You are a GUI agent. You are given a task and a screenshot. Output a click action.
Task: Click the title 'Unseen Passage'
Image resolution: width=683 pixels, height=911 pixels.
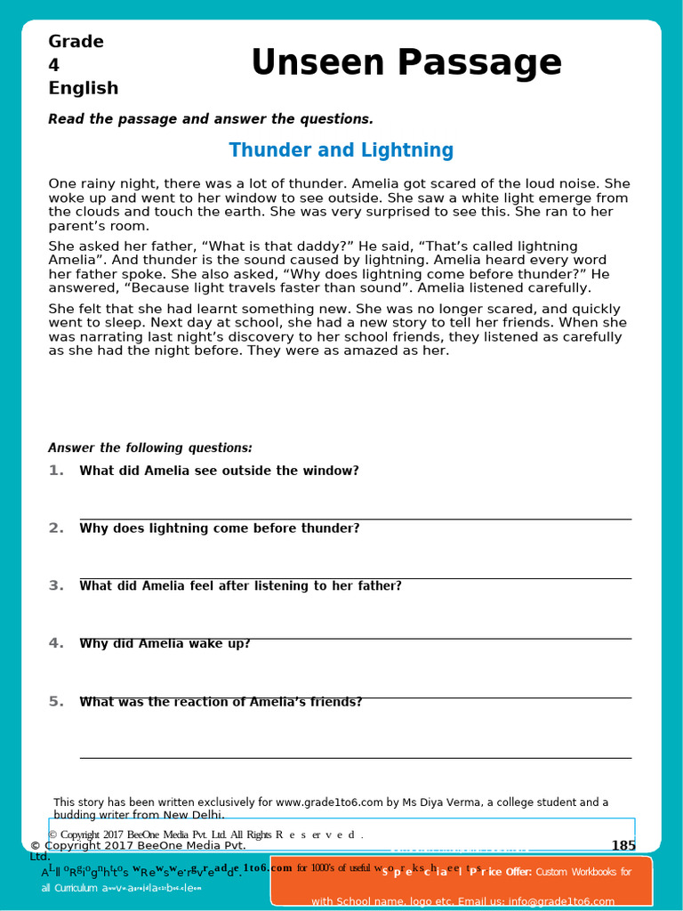tap(406, 63)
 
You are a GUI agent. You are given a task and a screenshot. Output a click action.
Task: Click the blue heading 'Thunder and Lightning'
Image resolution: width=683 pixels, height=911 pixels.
tap(341, 150)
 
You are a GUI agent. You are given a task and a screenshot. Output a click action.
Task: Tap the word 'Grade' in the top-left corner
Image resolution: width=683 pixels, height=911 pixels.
tap(76, 42)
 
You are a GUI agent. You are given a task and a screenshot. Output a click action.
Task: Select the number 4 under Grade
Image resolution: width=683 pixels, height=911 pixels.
tap(53, 65)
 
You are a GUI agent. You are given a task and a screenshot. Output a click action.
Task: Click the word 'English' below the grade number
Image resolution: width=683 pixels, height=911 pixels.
tap(83, 88)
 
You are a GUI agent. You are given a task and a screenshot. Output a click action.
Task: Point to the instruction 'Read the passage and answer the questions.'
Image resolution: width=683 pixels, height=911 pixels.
tap(211, 119)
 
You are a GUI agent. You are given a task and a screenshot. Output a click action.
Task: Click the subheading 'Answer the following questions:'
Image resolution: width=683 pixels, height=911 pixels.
tap(150, 447)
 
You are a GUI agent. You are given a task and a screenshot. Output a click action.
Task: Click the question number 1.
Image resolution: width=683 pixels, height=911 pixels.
tap(56, 471)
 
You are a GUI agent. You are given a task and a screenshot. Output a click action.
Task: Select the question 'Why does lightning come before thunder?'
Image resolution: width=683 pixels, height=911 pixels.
tap(219, 528)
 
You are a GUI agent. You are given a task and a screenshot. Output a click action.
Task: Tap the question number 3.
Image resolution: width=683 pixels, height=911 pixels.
tap(56, 585)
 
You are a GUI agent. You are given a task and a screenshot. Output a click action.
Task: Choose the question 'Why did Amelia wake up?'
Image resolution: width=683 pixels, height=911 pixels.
tap(165, 643)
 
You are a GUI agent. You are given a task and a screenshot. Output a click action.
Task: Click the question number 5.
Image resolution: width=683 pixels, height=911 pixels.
tap(56, 701)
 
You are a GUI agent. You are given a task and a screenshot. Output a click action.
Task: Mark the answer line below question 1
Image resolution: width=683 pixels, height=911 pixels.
tap(356, 519)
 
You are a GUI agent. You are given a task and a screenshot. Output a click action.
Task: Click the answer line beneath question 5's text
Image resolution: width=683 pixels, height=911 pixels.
tap(356, 758)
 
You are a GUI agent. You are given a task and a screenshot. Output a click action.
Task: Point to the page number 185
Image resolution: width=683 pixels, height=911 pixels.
tap(623, 845)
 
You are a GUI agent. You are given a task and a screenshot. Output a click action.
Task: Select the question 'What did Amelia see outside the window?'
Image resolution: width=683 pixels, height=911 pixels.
tap(219, 471)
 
